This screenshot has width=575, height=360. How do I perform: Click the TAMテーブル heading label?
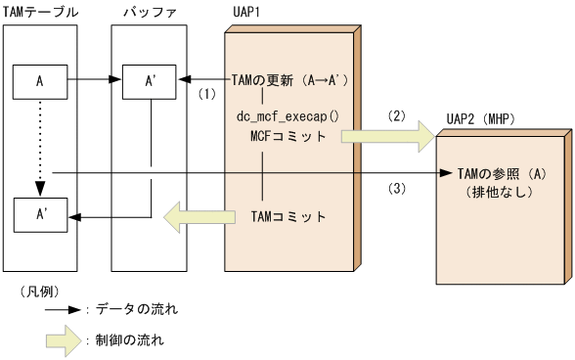coord(38,11)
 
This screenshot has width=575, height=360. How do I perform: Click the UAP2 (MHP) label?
coord(482,117)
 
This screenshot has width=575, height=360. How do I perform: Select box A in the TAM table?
coord(39,80)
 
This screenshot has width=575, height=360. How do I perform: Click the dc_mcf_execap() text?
coord(287,116)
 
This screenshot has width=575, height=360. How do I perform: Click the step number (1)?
coord(206,95)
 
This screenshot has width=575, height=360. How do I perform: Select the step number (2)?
coord(396,113)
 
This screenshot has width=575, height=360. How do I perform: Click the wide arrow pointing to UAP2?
coord(385,136)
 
